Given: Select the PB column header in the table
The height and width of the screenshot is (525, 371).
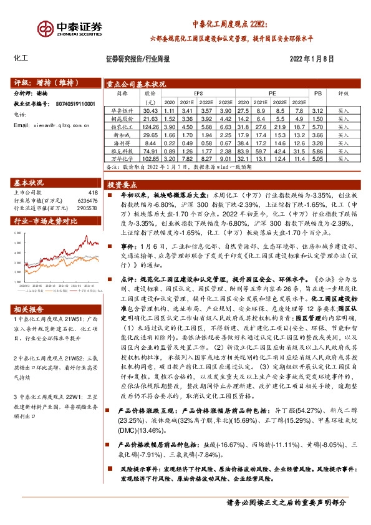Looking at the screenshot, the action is point(317,93).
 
